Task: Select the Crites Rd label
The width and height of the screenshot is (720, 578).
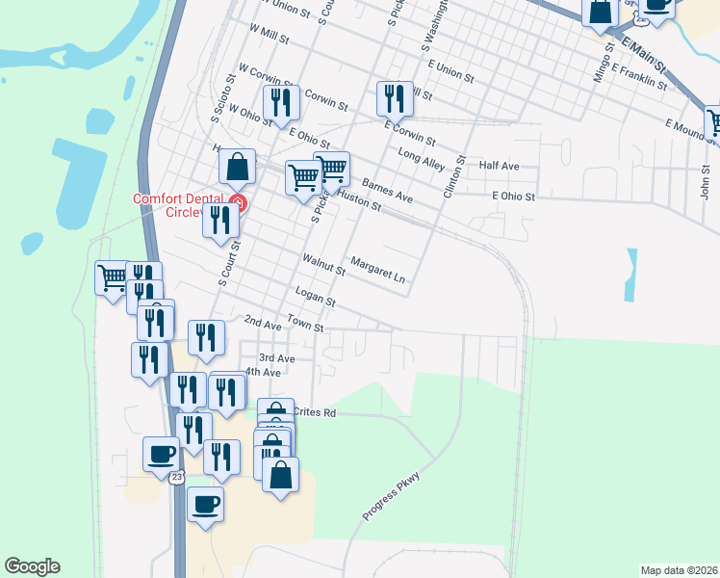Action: coord(316,412)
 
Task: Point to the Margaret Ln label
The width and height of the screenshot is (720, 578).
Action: coord(378,269)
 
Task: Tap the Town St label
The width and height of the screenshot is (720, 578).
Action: coord(305,327)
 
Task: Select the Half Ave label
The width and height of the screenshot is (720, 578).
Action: coord(499,166)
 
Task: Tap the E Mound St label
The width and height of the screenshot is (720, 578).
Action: coord(686,124)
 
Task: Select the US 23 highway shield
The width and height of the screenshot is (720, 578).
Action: coord(175,477)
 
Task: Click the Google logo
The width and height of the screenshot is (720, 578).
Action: coord(32,566)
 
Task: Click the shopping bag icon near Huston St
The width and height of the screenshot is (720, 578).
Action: coord(237,168)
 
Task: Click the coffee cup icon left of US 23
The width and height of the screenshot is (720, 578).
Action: coord(161,453)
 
